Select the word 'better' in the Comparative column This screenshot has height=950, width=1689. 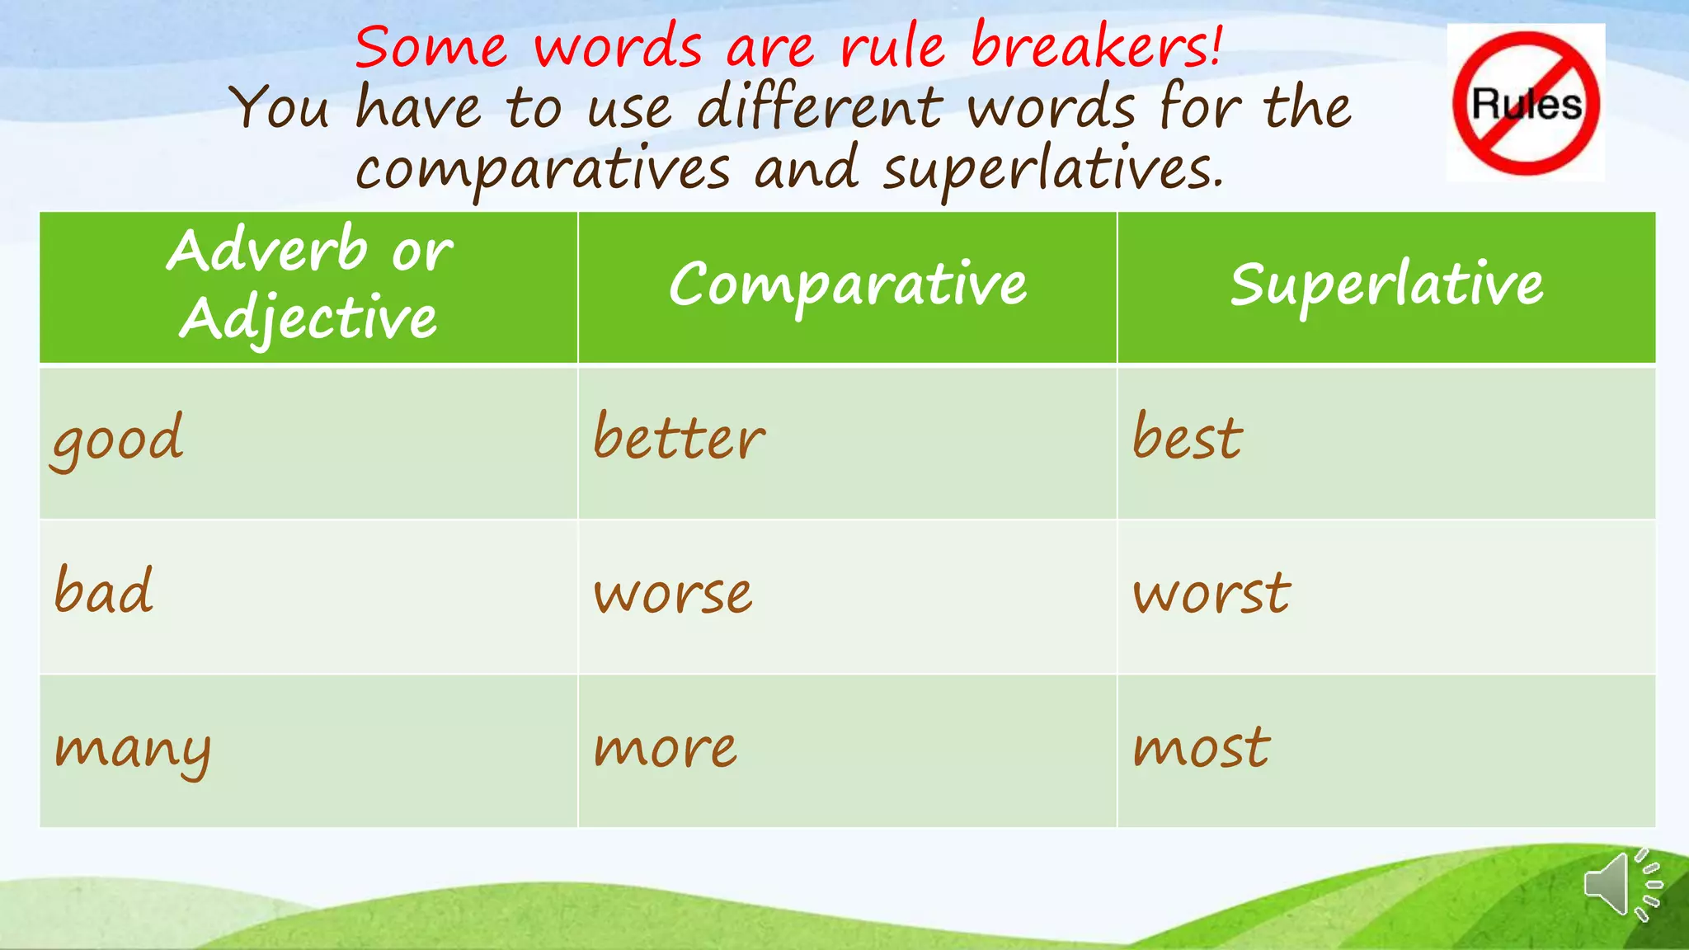tap(679, 437)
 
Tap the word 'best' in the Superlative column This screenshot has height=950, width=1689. tap(1187, 437)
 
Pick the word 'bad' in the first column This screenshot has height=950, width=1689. tap(103, 591)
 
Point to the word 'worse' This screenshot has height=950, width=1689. tap(673, 594)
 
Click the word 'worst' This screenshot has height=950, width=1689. tap(1211, 593)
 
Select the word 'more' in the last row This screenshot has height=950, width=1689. tap(665, 749)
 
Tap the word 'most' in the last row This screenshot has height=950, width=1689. tap(1201, 748)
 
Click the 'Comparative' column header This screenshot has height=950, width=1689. tap(848, 285)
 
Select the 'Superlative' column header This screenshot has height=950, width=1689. tap(1386, 285)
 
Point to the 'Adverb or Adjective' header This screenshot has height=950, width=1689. tap(309, 285)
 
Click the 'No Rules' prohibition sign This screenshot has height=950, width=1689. tap(1526, 103)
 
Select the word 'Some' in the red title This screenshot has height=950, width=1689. tap(430, 47)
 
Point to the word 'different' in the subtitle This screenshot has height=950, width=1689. tap(820, 107)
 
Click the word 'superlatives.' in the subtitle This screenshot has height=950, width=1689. tap(1053, 169)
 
